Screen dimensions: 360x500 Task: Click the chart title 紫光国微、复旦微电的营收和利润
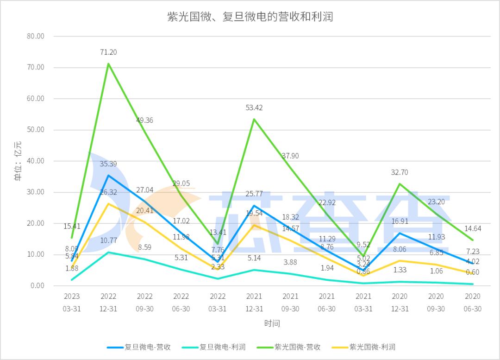[250, 17]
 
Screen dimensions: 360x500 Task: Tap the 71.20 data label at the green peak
[108, 52]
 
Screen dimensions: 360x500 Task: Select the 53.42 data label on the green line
[254, 108]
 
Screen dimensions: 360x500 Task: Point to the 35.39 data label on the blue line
[108, 164]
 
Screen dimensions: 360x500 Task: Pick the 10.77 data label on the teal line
[108, 240]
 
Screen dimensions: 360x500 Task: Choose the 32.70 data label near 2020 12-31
[400, 172]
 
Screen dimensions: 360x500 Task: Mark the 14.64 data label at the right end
[472, 228]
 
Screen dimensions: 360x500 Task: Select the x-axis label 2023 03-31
[72, 302]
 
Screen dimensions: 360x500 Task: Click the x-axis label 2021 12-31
[254, 302]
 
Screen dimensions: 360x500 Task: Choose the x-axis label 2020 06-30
[472, 302]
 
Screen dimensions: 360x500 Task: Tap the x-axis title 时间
[272, 323]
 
